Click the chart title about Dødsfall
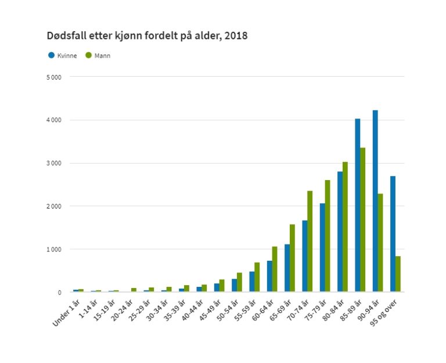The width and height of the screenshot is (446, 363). click(147, 35)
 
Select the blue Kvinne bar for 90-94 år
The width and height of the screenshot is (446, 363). click(375, 201)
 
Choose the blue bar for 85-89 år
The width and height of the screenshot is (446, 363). click(358, 206)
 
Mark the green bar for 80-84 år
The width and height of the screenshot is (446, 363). click(346, 227)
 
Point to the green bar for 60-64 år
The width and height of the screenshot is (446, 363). click(275, 269)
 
